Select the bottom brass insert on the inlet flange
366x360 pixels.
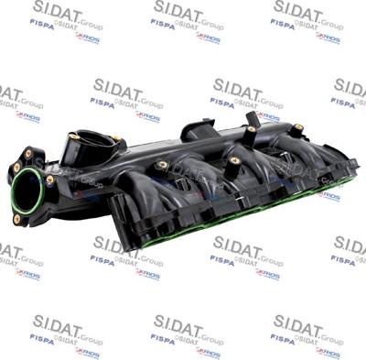click(16, 219)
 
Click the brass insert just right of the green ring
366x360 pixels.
click(49, 180)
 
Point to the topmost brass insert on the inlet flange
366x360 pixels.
click(28, 153)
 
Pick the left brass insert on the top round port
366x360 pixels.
click(74, 136)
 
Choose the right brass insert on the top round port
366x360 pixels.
click(115, 140)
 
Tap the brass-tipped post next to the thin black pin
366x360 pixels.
click(251, 130)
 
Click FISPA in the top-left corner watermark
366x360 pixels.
click(41, 25)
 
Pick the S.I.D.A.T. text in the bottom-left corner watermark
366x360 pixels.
click(55, 324)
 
